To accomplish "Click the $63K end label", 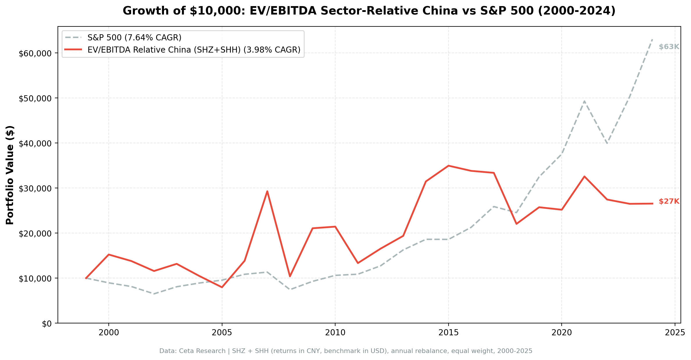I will pos(669,47).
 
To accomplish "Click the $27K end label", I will pos(669,201).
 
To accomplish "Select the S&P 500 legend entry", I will pos(134,38).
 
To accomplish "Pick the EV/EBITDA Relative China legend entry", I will pos(194,50).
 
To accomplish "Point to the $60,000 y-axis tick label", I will pos(35,53).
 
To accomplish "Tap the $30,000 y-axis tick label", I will pos(35,189).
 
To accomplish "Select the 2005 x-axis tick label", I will pos(222,333).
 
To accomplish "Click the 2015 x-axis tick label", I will pos(448,333).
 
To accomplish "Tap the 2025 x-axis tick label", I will pos(675,333).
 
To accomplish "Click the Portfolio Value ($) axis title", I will pos(10,175).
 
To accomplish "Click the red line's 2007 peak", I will pos(267,191).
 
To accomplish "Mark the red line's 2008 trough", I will pos(290,276).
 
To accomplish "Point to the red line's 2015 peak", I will pos(448,166).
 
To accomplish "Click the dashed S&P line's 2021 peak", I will pos(584,101).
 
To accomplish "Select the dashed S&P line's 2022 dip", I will pos(607,143).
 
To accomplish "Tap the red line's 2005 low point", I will pos(222,287).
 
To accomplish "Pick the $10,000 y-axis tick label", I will pos(35,279).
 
